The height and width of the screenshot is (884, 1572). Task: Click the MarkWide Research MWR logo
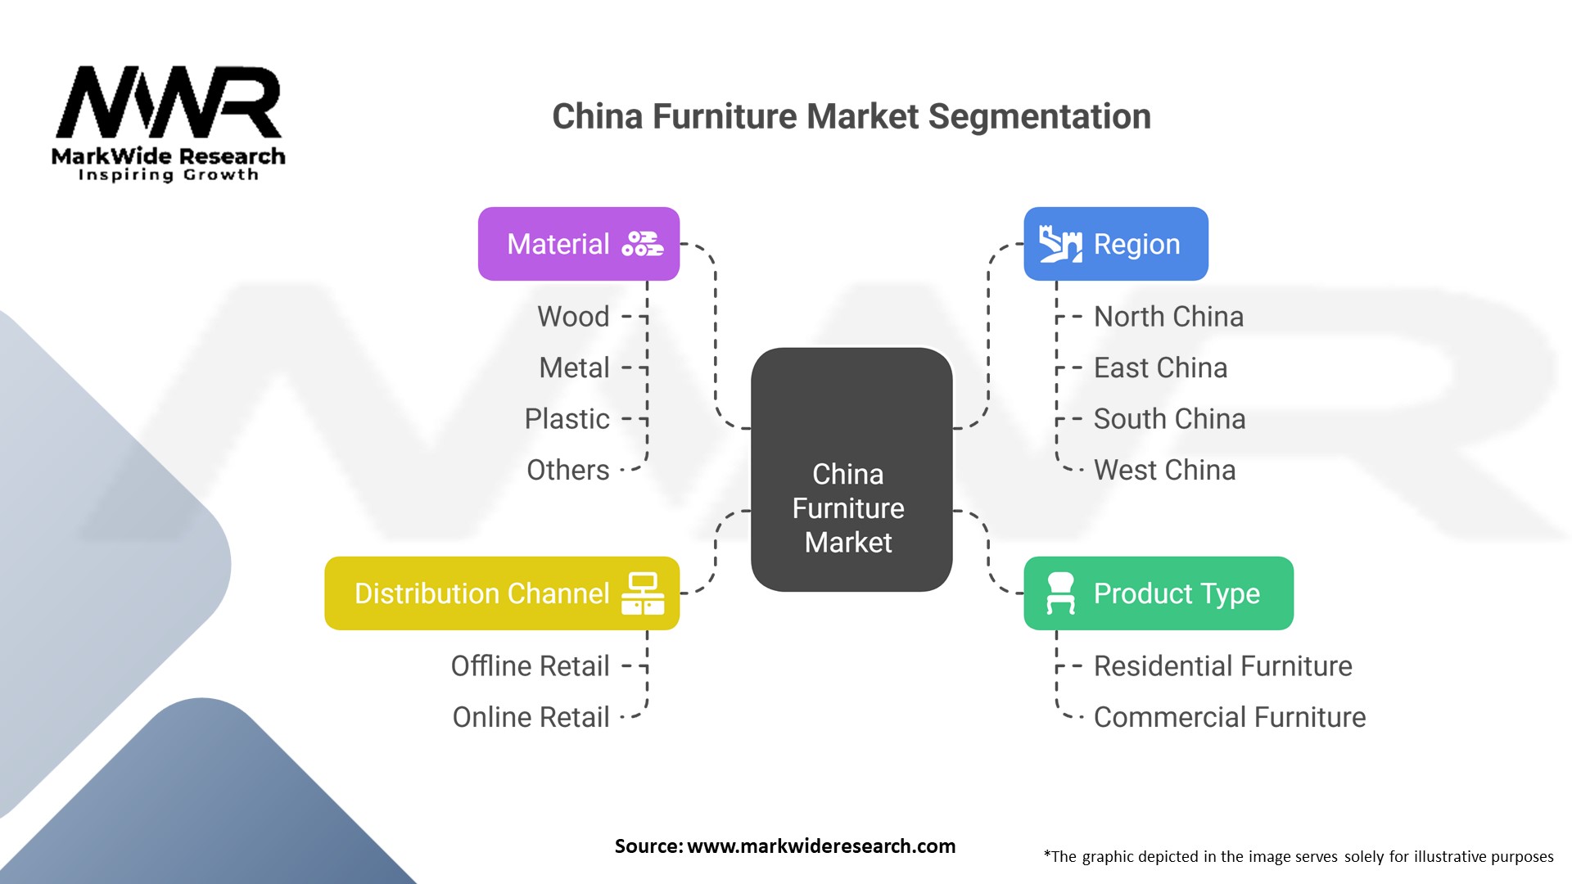coord(169,123)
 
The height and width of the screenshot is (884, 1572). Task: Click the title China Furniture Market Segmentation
coord(851,116)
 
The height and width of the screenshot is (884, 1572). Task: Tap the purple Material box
coord(578,244)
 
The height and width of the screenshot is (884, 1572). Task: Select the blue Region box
coord(1115,244)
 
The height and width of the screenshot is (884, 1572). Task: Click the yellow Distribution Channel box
coord(501,593)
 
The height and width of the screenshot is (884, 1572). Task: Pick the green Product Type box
coord(1158,593)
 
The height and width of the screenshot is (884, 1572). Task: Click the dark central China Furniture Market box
coord(851,469)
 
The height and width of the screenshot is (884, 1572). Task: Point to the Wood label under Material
coord(573,317)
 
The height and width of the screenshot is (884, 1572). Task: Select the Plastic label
coord(567,419)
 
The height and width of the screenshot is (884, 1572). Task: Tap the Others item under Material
coord(568,471)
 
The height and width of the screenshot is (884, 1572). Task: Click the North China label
coord(1168,317)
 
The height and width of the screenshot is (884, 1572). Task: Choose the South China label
coord(1169,419)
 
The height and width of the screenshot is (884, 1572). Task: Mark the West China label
coord(1164,471)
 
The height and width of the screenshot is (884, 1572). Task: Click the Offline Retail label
coord(531,666)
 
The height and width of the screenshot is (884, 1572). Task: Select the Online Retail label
coord(531,718)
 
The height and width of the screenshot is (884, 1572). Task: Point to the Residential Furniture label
coord(1222,666)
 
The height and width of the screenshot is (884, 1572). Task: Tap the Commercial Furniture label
coord(1229,718)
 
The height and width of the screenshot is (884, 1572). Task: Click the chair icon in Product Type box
coord(1060,593)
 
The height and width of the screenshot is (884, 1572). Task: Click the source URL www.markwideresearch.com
coord(820,846)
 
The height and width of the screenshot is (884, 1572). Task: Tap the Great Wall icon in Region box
coord(1060,244)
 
